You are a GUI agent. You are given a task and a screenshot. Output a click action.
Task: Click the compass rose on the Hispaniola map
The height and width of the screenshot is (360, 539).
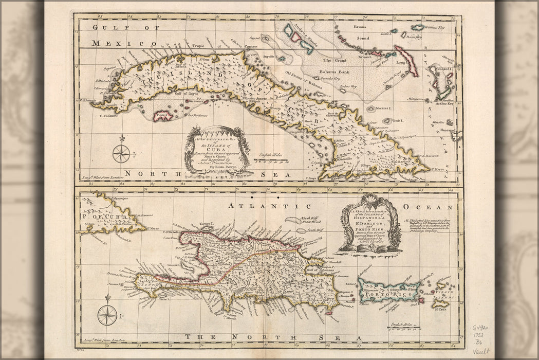(107, 314)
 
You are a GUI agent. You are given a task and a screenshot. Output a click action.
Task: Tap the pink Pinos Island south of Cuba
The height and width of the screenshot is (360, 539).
(163, 116)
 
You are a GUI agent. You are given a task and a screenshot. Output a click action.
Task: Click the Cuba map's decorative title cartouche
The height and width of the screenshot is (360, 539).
(218, 149)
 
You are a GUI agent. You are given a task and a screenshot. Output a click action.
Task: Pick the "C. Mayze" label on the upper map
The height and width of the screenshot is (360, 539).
(438, 169)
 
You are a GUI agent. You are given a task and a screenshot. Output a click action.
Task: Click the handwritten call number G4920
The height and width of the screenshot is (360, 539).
(484, 328)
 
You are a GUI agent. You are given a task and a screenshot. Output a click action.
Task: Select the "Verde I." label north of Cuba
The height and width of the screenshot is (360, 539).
(398, 120)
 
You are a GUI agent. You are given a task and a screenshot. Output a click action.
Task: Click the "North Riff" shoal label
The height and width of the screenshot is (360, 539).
(311, 219)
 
